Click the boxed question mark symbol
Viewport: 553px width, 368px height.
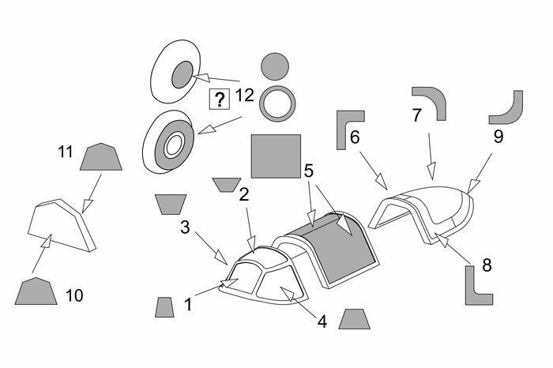click(x=218, y=100)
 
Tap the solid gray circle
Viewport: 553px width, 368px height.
click(x=275, y=66)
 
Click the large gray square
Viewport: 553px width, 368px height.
click(x=276, y=156)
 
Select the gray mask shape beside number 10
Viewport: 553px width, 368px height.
click(x=37, y=292)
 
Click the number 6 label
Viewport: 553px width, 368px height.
click(x=355, y=137)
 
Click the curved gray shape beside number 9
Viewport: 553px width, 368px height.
click(x=508, y=109)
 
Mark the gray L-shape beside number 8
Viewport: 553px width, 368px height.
click(x=475, y=285)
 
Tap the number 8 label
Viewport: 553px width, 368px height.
click(x=487, y=266)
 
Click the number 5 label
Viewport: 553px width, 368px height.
click(x=309, y=168)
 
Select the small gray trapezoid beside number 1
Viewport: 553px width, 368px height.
click(x=164, y=308)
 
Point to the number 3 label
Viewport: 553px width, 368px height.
click(x=184, y=227)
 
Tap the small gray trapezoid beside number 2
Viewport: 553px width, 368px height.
click(x=228, y=185)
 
